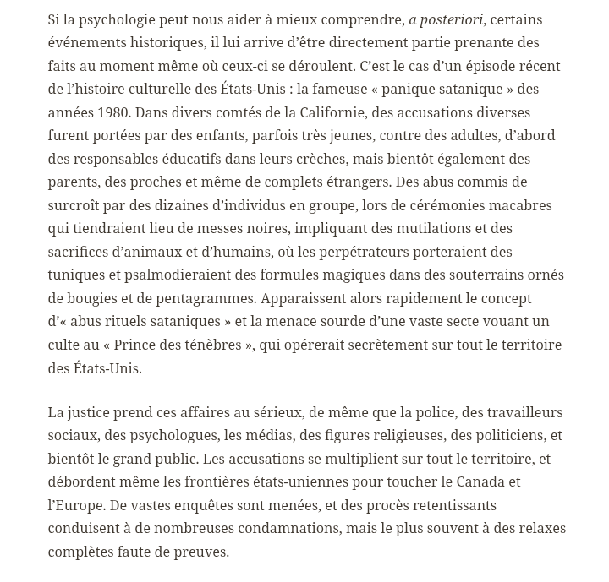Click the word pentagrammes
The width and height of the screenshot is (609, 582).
217,298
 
